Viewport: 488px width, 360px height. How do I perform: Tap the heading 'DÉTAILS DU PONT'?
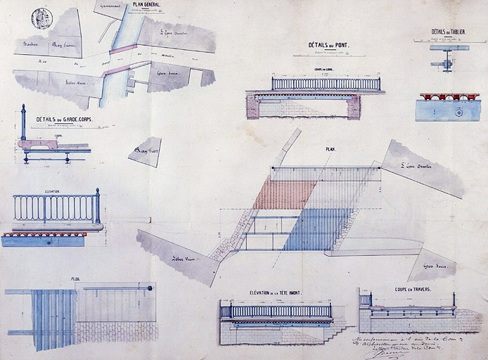pos(328,45)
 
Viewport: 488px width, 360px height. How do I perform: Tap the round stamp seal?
pos(42,18)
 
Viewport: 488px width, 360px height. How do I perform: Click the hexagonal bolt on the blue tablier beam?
pos(458,112)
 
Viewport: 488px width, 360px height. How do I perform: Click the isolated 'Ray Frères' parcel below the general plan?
pos(146,151)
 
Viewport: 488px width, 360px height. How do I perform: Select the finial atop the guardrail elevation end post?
pos(98,191)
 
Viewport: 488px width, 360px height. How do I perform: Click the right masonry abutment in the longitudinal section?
pos(354,106)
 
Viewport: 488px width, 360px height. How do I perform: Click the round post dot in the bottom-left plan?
pos(150,288)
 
